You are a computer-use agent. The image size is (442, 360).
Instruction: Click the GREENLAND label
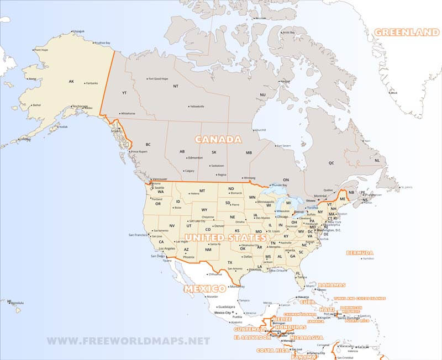pos(407,33)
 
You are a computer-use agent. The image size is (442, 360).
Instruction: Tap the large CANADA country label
pos(214,139)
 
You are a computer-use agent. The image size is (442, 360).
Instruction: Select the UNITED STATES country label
pos(222,237)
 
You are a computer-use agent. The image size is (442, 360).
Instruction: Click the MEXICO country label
pos(205,289)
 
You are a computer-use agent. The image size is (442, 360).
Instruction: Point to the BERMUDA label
pos(360,253)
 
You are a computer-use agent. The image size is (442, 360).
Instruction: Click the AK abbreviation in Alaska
pos(71,82)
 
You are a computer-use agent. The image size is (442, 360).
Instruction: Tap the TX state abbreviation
pos(229,262)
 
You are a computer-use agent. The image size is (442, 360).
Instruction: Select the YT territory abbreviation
pos(124,93)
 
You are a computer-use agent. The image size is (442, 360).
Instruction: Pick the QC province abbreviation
pos(331,163)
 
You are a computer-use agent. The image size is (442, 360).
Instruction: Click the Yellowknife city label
pos(197,106)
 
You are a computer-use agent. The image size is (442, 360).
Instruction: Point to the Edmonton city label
pos(195,157)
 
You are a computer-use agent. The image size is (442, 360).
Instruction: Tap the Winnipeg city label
pos(257,178)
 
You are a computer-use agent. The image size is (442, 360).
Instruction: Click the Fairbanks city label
pos(92,83)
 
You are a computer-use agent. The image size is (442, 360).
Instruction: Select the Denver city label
pos(219,226)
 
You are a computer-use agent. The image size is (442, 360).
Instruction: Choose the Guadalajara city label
pos(227,306)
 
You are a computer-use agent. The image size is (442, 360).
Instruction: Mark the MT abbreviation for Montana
pos(202,191)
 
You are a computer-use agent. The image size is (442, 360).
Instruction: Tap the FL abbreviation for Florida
pos(298,273)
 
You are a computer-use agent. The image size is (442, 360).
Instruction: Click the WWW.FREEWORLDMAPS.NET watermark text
pos(128,341)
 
